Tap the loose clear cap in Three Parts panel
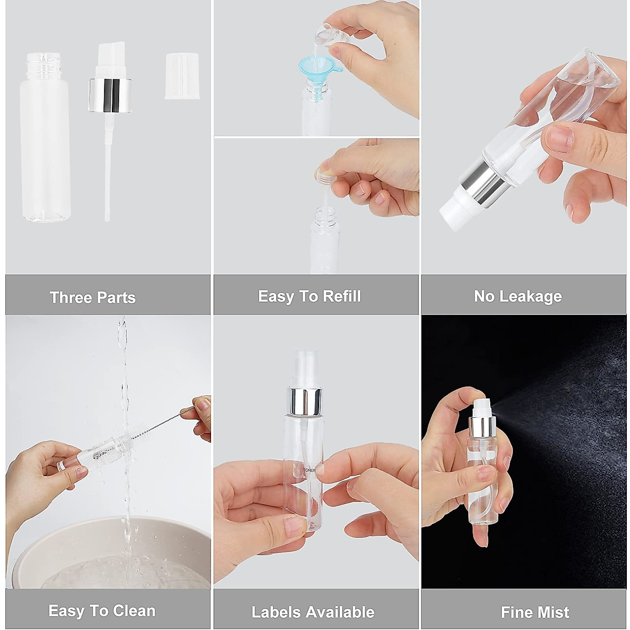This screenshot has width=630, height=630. point(182,76)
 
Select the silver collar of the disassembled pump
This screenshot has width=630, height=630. point(109,95)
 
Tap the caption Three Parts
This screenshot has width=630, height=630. point(92,298)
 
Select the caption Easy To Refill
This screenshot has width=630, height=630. point(309,296)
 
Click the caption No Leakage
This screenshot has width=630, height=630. point(518,296)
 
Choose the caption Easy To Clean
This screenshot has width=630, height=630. point(102,611)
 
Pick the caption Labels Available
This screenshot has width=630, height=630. point(312,612)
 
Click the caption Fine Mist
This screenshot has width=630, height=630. point(534,612)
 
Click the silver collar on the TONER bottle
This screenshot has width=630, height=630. point(304,400)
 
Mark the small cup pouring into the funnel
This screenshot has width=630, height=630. point(325,35)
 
